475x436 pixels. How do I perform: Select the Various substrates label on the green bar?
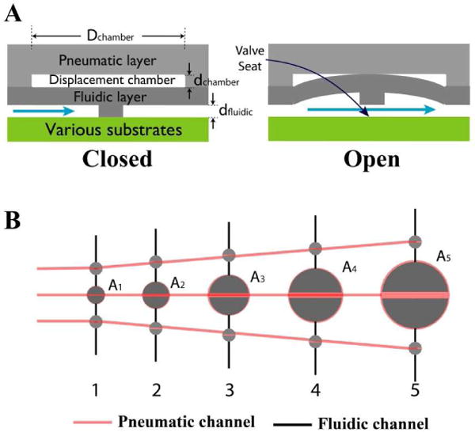click(108, 129)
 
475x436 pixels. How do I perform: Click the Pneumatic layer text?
click(108, 60)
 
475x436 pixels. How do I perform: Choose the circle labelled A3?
click(229, 295)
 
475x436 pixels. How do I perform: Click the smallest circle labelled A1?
click(96, 295)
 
